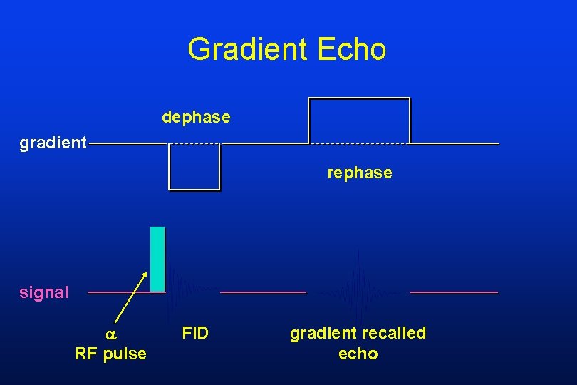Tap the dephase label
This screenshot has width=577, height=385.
(196, 117)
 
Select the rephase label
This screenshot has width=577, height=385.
(360, 173)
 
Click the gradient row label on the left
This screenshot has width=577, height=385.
(53, 144)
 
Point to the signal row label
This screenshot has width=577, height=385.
(44, 292)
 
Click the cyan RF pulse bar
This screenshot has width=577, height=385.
(157, 259)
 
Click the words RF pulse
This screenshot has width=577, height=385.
(111, 354)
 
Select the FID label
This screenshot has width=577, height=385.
(195, 333)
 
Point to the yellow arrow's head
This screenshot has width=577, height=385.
(146, 274)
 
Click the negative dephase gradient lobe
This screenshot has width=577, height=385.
(194, 168)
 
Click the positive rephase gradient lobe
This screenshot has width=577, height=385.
(359, 120)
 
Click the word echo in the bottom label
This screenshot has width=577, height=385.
(358, 354)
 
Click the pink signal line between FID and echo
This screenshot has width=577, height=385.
(263, 292)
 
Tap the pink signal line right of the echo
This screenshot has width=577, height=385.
(454, 292)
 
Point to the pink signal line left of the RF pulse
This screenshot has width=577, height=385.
(118, 292)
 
